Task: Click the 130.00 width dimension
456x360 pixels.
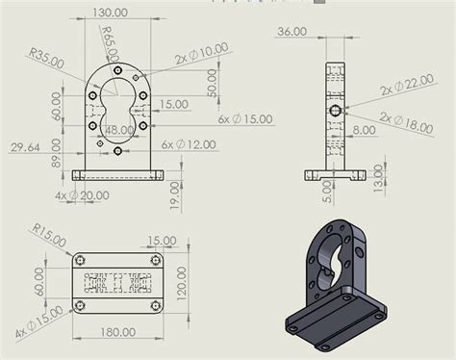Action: [111, 13]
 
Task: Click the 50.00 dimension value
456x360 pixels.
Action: [212, 82]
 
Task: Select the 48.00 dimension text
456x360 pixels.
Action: [118, 129]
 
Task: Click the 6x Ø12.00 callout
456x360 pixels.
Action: [189, 143]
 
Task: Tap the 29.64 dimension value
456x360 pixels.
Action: [27, 146]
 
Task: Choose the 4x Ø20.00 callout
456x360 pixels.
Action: [82, 195]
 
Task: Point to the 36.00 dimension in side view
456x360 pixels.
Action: [291, 31]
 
